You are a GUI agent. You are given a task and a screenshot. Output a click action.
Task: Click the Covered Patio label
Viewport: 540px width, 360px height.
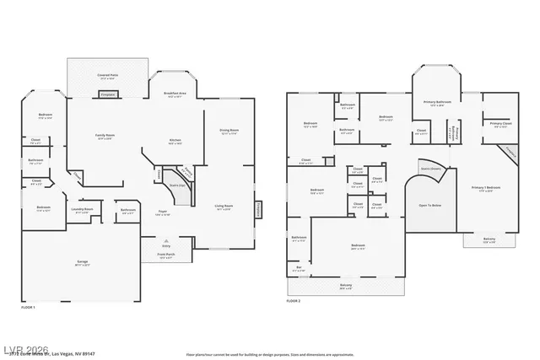[x=106, y=76]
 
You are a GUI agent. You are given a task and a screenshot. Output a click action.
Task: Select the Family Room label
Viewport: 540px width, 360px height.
[x=105, y=136]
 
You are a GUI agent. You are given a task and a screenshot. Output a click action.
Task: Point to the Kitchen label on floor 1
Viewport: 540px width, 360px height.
[x=175, y=141]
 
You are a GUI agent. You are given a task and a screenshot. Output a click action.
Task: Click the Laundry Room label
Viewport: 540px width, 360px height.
[x=82, y=211]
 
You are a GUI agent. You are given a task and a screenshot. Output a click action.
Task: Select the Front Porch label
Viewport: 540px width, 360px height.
[x=166, y=255]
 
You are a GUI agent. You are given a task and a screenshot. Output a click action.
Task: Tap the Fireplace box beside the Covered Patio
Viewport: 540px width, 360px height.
[x=108, y=95]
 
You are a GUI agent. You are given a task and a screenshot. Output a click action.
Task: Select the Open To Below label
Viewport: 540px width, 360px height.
[x=430, y=205]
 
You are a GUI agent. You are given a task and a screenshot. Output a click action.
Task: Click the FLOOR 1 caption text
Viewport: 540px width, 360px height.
[x=27, y=308]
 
